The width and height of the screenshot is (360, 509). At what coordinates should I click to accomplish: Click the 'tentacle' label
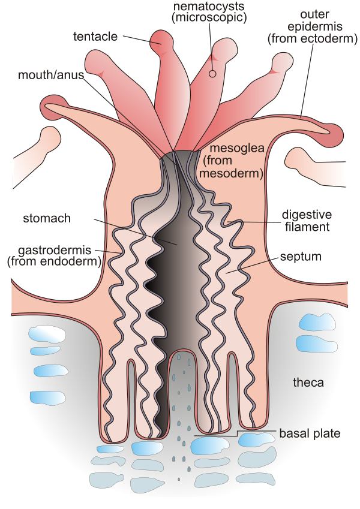click(x=95, y=37)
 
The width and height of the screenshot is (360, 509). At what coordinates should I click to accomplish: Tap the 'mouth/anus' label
click(x=51, y=75)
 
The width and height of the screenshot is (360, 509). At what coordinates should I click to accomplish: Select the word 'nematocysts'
click(x=209, y=5)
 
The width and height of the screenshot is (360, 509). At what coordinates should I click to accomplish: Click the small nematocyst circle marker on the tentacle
click(x=212, y=74)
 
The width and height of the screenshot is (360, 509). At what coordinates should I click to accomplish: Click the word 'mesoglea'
click(x=237, y=148)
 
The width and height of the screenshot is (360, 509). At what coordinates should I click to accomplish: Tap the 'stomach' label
click(x=47, y=218)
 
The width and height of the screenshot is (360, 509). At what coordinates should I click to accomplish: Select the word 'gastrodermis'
click(x=55, y=250)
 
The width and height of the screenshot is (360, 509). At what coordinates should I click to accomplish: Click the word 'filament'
click(x=307, y=227)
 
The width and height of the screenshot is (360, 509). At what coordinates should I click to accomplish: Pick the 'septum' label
click(x=301, y=257)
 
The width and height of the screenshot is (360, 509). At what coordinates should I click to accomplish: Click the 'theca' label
click(x=308, y=382)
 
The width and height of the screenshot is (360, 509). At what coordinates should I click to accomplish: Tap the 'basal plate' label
click(x=310, y=433)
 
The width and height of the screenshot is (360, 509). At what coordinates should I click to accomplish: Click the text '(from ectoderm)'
click(x=313, y=38)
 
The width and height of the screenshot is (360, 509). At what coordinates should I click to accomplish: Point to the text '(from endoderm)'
click(x=54, y=261)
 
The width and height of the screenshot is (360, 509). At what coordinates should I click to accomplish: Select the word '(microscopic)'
click(x=209, y=17)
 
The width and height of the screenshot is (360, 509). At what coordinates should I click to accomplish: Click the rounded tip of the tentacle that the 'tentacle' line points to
click(x=162, y=41)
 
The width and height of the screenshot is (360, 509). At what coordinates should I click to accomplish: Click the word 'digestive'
click(x=307, y=215)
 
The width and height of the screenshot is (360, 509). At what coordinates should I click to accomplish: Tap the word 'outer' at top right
click(x=315, y=14)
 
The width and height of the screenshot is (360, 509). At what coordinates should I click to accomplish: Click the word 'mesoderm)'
click(x=232, y=173)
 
